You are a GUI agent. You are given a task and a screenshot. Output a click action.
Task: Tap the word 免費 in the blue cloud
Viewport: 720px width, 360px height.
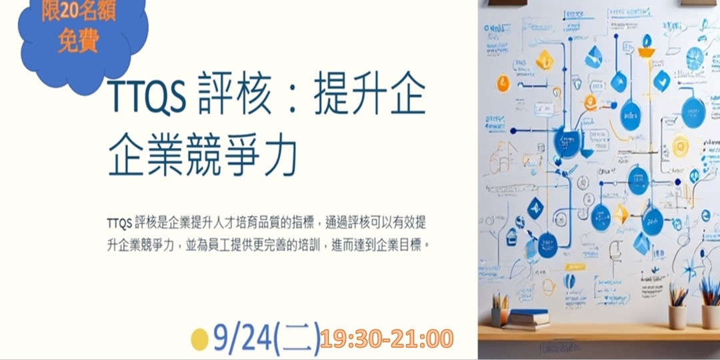79,41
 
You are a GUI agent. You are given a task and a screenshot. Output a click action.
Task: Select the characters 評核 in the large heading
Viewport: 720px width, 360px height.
236,99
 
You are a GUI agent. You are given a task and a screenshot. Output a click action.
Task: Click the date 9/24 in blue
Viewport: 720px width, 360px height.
243,339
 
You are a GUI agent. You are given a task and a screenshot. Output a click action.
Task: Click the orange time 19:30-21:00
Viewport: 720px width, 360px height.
387,339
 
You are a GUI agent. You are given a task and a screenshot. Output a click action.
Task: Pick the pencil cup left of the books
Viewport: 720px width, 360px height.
499,317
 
